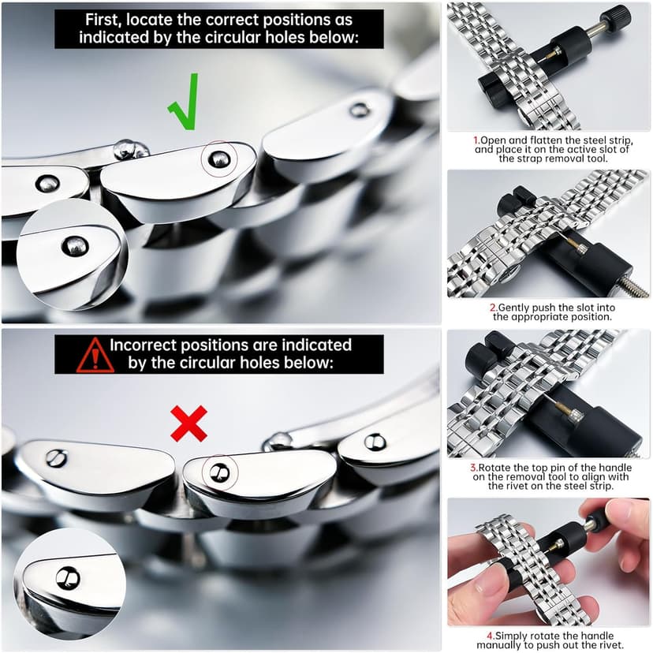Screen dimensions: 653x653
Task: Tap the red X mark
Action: (x=188, y=424)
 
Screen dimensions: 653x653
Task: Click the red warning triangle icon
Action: (x=95, y=355)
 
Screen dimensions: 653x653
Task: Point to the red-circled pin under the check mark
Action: (x=219, y=159)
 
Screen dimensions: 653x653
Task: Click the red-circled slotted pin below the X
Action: (x=219, y=472)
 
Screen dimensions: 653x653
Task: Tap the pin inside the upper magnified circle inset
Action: (x=75, y=246)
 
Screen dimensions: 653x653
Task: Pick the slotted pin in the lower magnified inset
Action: (x=68, y=578)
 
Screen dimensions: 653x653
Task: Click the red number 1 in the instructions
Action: (x=476, y=140)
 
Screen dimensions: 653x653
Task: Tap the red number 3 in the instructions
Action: (x=473, y=468)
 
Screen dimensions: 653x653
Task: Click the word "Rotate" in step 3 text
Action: (x=491, y=468)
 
